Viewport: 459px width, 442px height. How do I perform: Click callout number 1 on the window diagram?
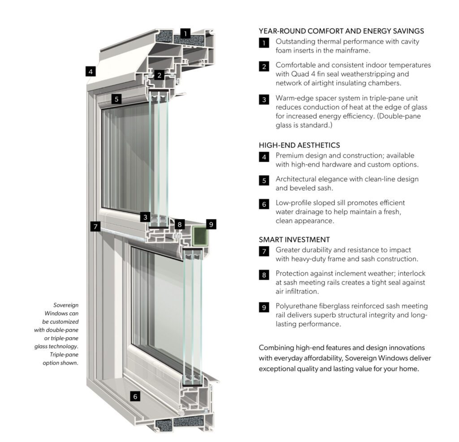pyautogui.click(x=186, y=33)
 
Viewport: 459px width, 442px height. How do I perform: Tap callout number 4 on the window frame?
pyautogui.click(x=91, y=71)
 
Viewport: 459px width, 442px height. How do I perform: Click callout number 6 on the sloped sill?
pyautogui.click(x=134, y=396)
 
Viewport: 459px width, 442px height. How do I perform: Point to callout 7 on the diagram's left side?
pyautogui.click(x=95, y=227)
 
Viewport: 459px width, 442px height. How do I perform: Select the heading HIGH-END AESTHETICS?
pyautogui.click(x=299, y=145)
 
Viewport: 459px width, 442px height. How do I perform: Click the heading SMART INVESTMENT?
pyautogui.click(x=294, y=240)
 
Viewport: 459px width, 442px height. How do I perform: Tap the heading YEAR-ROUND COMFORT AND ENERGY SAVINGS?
pyautogui.click(x=341, y=31)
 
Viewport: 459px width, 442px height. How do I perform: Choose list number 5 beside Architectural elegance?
pyautogui.click(x=264, y=180)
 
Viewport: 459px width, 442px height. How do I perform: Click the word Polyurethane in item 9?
pyautogui.click(x=297, y=306)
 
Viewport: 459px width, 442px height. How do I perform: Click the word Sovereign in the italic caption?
pyautogui.click(x=66, y=305)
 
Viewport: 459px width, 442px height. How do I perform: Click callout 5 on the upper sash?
pyautogui.click(x=117, y=99)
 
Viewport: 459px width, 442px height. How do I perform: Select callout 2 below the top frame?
pyautogui.click(x=159, y=75)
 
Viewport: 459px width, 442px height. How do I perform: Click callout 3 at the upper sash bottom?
pyautogui.click(x=144, y=217)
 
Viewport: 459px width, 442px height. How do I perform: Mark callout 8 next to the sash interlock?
pyautogui.click(x=180, y=224)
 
